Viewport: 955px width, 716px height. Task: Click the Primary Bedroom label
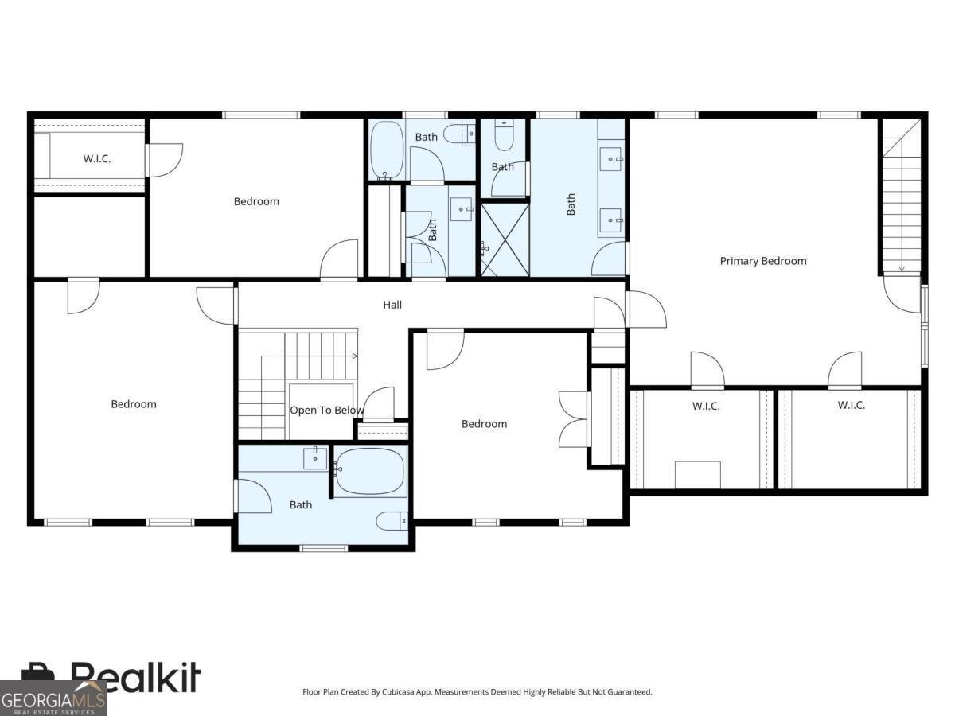pyautogui.click(x=762, y=261)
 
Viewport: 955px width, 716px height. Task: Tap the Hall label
pyautogui.click(x=392, y=305)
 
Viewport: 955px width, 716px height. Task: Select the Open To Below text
pyautogui.click(x=326, y=411)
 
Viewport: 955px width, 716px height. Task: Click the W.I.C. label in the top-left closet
pyautogui.click(x=97, y=159)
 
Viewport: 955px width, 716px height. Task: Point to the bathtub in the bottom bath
pyautogui.click(x=370, y=471)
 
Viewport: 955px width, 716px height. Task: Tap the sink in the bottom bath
pyautogui.click(x=315, y=458)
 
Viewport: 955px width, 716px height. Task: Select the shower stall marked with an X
pyautogui.click(x=505, y=239)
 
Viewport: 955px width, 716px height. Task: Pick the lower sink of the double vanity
pyautogui.click(x=612, y=221)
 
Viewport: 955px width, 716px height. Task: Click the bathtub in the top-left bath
pyautogui.click(x=388, y=150)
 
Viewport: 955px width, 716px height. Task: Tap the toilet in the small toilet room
pyautogui.click(x=504, y=135)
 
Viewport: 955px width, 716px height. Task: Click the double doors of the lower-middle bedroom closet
pyautogui.click(x=575, y=418)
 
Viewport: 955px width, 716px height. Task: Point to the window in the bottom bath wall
pyautogui.click(x=324, y=547)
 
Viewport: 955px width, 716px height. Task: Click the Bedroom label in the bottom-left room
pyautogui.click(x=134, y=404)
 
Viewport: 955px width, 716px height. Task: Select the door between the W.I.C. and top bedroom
pyautogui.click(x=163, y=160)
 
